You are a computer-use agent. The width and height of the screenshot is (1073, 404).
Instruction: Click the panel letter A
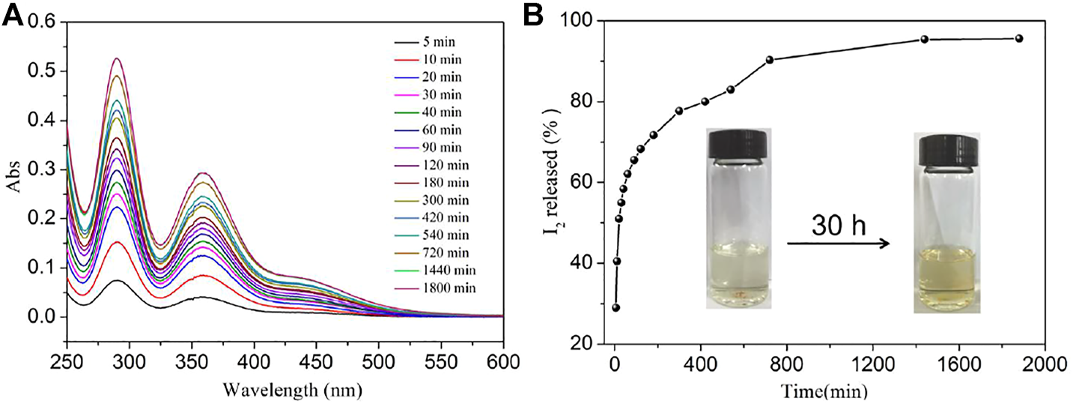[13, 14]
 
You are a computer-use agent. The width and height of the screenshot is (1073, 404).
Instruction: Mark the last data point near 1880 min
[1018, 38]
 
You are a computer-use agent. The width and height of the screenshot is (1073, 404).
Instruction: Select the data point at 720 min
[769, 59]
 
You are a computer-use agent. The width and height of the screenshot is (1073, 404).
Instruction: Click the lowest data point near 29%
[615, 307]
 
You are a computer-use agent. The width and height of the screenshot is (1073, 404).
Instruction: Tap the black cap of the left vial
[739, 142]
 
